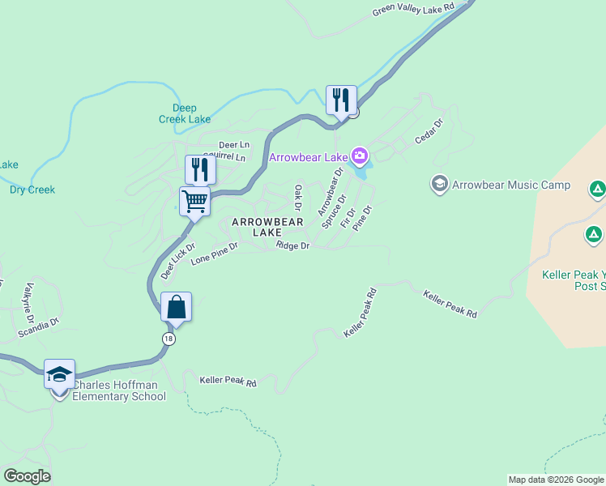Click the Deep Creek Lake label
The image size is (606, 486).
pos(186,113)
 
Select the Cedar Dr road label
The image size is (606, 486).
pos(429,133)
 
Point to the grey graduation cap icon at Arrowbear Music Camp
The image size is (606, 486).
pos(440,185)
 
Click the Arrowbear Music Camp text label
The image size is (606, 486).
pos(510,185)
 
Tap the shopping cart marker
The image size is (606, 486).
pos(195,201)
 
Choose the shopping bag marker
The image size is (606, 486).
pos(176,307)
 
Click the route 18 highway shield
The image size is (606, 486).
pos(168,339)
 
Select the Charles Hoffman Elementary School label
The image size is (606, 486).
pos(119,390)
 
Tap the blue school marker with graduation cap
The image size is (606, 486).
pos(59,374)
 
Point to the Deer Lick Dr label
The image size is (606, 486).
pos(177,260)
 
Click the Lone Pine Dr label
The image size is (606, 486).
pos(214,254)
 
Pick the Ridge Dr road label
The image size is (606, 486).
pos(292,245)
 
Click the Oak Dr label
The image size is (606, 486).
pos(298,195)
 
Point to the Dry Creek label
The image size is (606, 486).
pos(32,190)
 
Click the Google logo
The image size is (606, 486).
pos(27,476)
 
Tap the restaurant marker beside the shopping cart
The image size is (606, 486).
pos(200,169)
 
